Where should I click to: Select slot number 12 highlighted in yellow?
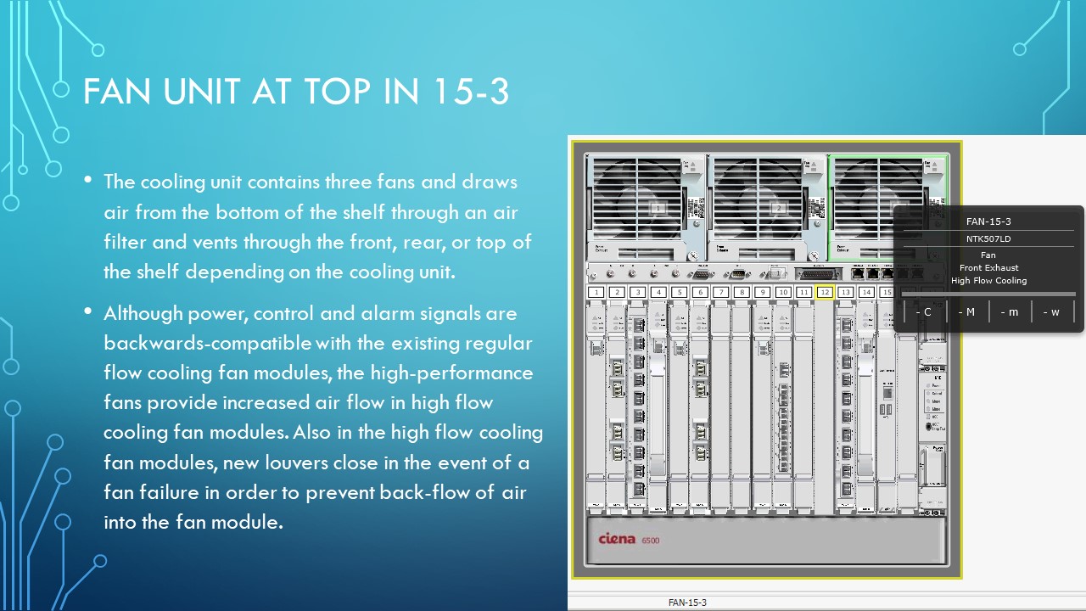click(825, 292)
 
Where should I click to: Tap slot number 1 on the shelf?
click(596, 292)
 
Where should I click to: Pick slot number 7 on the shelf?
click(721, 292)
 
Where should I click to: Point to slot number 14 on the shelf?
click(866, 292)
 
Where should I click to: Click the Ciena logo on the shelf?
click(617, 539)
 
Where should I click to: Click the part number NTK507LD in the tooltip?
click(988, 239)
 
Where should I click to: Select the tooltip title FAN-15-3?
click(988, 221)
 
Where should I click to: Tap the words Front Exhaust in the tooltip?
click(988, 267)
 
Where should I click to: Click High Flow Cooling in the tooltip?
click(988, 280)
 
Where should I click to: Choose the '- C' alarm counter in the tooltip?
click(924, 311)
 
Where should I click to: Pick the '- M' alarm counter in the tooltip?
click(966, 311)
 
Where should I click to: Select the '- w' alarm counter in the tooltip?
click(1051, 311)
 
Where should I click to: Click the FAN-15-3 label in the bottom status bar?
click(687, 603)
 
